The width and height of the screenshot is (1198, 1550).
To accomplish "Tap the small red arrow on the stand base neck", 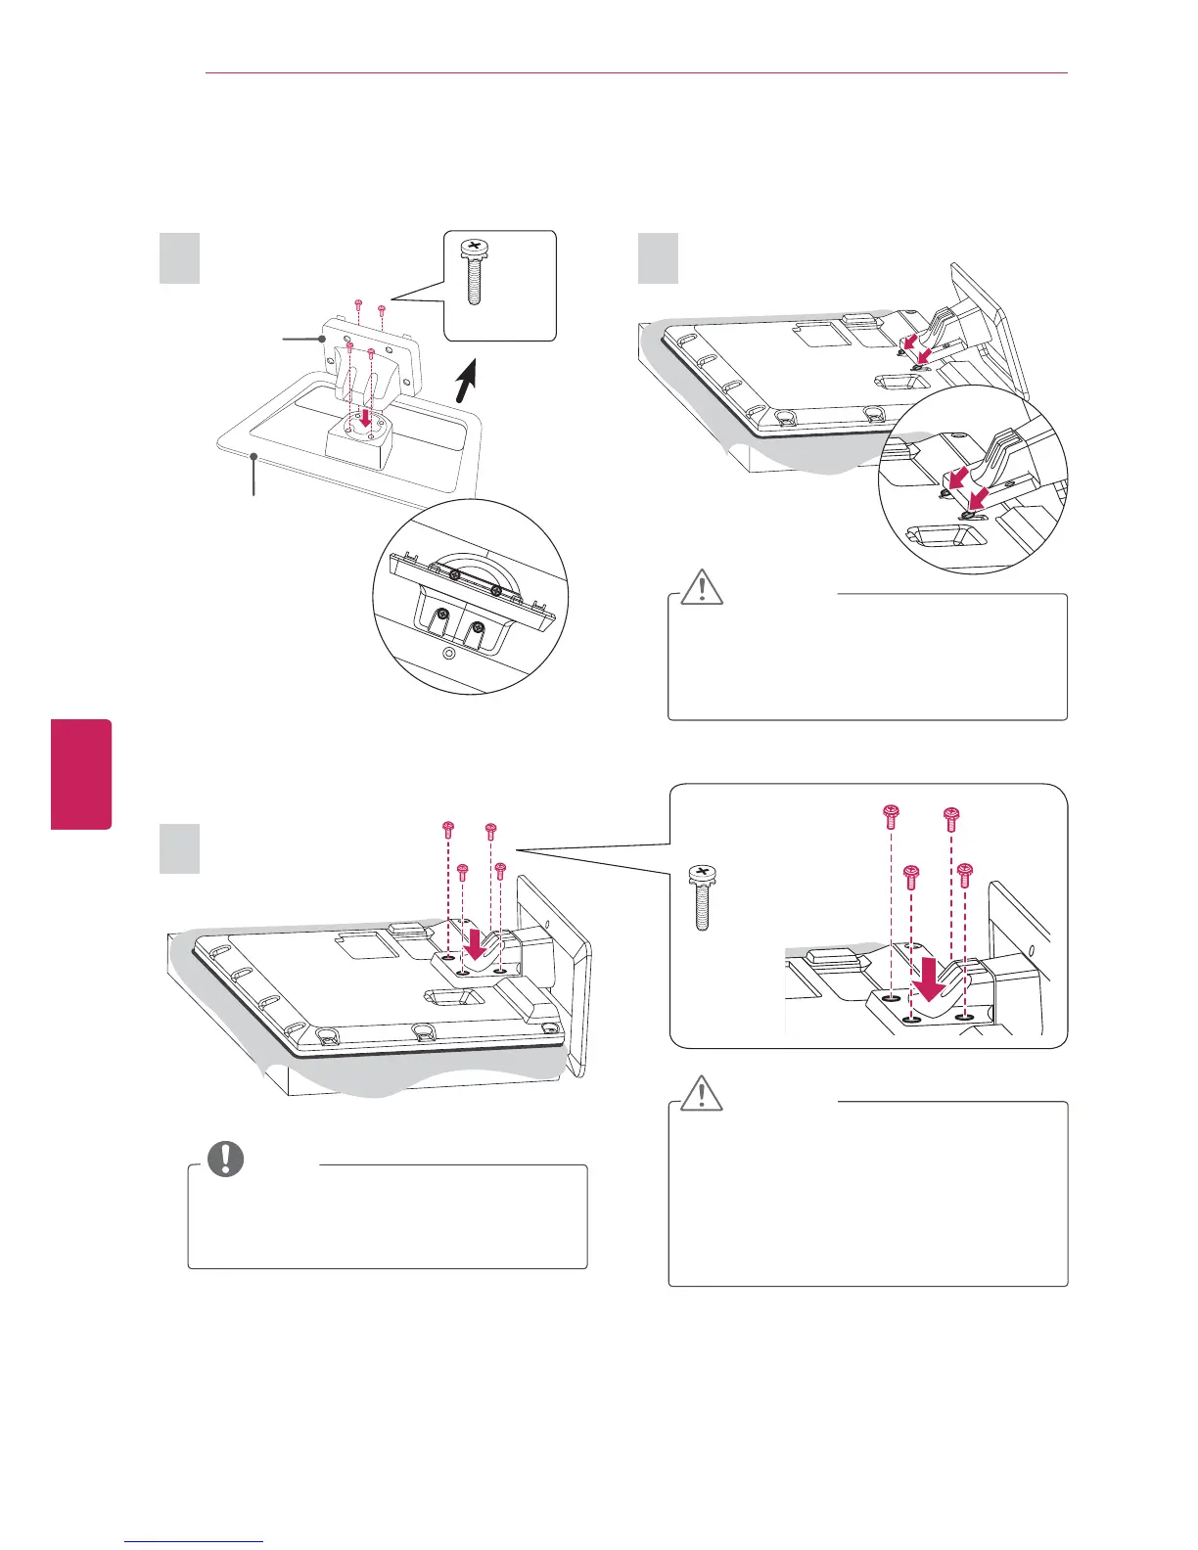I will tap(365, 416).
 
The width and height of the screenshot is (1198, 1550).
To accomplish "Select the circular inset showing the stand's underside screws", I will tap(471, 596).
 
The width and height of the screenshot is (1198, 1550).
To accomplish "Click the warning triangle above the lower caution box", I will tap(701, 1093).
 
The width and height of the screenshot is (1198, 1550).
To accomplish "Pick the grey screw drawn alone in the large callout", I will tap(701, 896).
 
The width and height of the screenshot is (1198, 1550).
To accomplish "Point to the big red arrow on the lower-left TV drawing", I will tap(476, 946).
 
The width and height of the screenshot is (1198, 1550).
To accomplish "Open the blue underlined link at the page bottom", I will tap(196, 1541).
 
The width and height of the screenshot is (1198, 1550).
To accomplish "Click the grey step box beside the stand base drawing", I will tap(180, 257).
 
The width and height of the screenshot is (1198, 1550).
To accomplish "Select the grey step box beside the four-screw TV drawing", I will tap(180, 848).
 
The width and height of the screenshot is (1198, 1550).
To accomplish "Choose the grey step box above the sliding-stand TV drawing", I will tap(658, 257).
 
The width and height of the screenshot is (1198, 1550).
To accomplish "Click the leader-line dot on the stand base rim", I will tap(254, 456).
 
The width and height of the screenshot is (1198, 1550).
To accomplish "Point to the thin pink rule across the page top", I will tap(636, 73).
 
